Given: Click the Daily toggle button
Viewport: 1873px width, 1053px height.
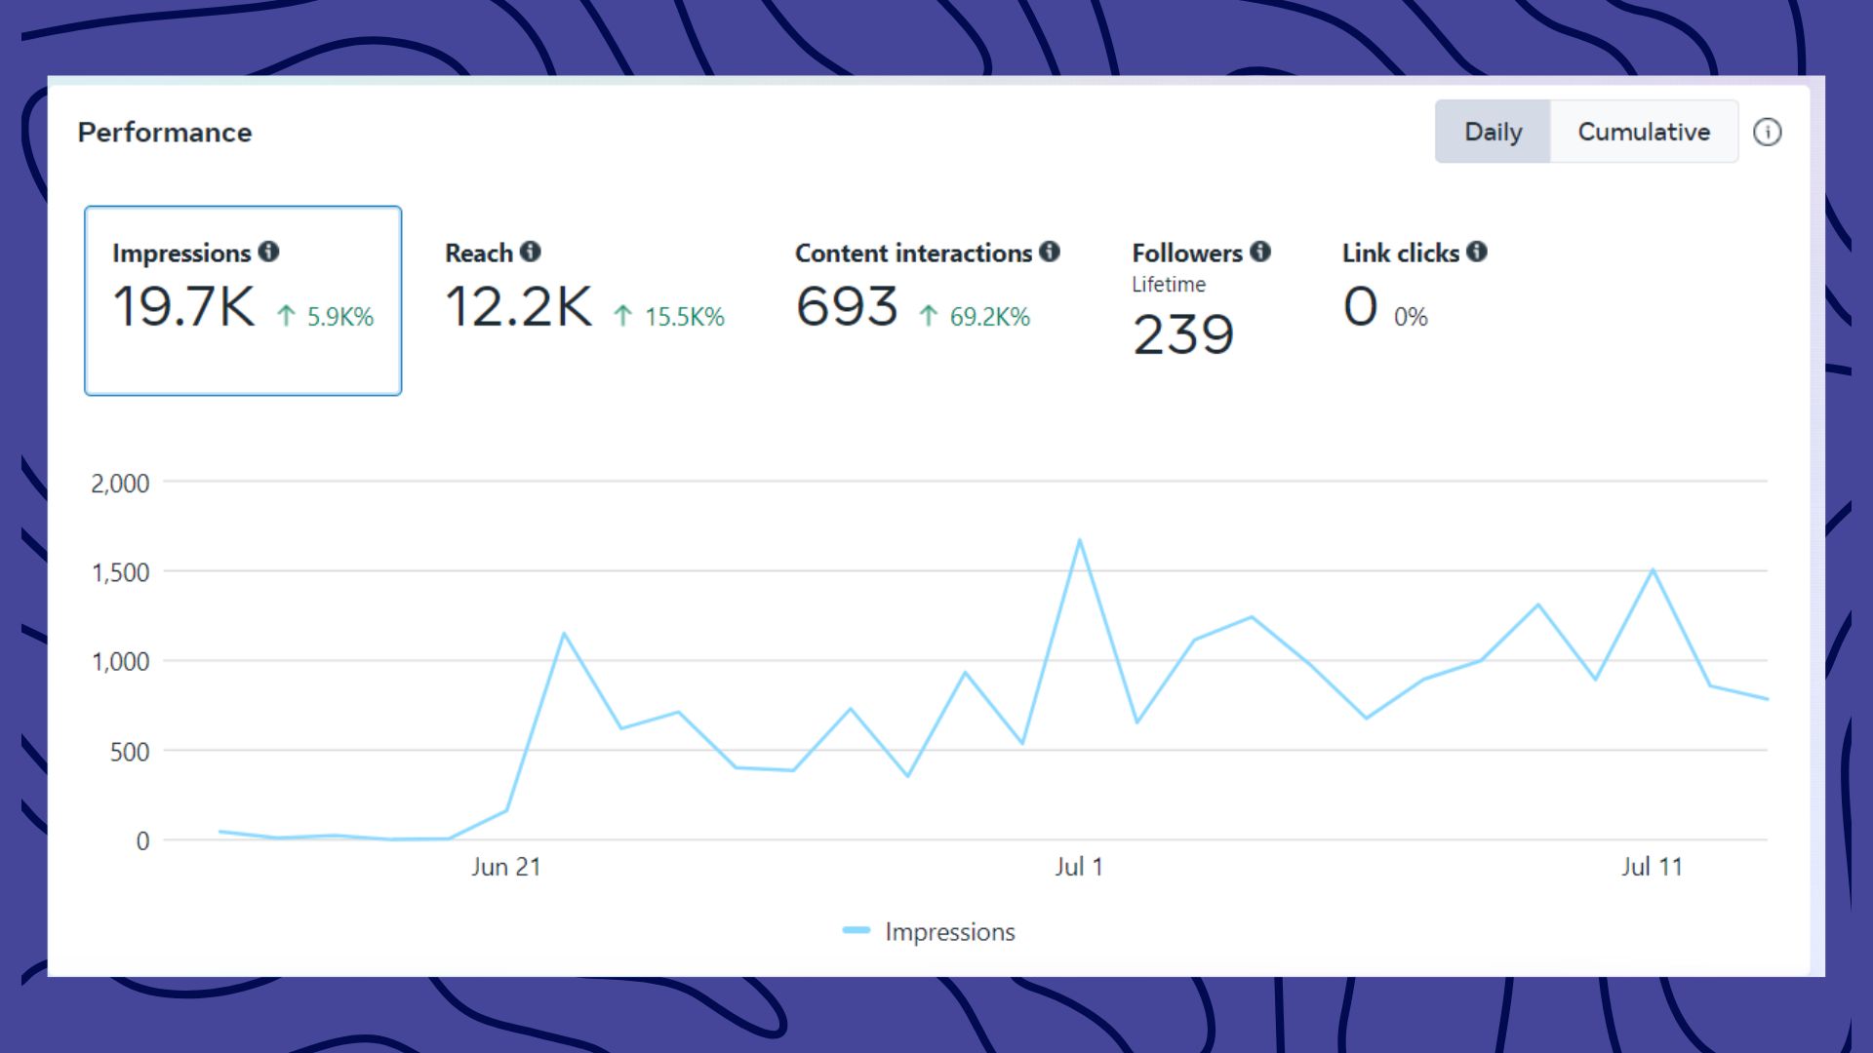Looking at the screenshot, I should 1493,132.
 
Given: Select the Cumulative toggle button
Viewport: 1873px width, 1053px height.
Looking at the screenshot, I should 1644,132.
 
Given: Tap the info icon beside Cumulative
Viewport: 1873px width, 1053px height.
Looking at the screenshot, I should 1767,132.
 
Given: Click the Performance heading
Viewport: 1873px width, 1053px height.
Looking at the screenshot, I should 165,133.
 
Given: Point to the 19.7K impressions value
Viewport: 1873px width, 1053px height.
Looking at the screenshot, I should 184,306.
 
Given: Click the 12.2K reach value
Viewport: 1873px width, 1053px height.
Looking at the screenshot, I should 518,306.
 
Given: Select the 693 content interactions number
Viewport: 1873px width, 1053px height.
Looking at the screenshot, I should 847,306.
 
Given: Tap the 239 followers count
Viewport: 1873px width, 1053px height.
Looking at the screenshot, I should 1183,334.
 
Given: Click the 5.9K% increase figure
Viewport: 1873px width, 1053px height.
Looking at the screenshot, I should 339,317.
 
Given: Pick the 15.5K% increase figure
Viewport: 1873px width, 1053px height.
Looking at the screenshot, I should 684,317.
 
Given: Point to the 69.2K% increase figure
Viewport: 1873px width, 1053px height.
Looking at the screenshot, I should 989,317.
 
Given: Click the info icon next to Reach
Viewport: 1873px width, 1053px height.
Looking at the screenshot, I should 530,252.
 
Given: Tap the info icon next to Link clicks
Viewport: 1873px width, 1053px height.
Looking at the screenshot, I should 1477,252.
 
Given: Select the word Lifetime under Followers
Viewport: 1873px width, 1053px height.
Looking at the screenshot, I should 1169,285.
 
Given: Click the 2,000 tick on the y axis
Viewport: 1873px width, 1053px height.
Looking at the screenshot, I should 120,484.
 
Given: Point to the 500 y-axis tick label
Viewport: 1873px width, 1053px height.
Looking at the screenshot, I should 130,752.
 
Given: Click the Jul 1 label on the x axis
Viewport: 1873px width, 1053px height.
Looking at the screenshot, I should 1079,867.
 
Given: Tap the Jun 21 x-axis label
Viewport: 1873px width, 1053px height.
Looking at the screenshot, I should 505,867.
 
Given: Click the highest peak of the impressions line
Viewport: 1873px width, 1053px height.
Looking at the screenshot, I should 1079,540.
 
